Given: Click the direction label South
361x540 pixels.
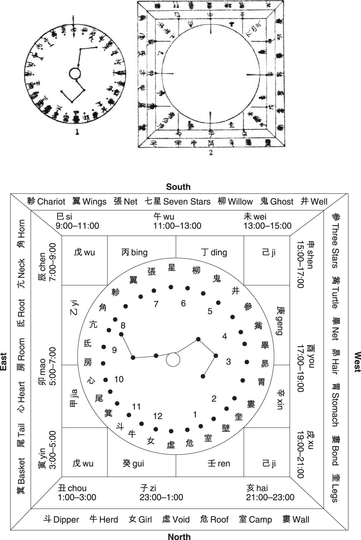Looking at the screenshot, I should (x=178, y=187).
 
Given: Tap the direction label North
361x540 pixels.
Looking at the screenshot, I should (x=179, y=536).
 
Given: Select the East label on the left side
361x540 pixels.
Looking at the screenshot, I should (x=4, y=362).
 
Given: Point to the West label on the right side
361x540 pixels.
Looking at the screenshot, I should (x=357, y=362).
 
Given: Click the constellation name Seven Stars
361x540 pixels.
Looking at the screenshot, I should (x=177, y=201).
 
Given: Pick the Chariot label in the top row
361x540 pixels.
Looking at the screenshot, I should (x=46, y=201).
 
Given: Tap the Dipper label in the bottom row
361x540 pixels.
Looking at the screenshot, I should (x=61, y=519).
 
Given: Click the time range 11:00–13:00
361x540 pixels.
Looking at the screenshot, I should (x=177, y=226).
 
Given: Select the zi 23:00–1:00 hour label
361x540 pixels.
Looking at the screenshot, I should (x=161, y=492).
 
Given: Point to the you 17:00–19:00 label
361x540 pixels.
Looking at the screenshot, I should (x=306, y=368).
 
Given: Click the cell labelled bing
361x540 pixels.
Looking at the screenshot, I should (x=135, y=252).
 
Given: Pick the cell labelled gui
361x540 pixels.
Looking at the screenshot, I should (x=133, y=463).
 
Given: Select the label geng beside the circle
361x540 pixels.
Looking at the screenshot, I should (x=280, y=321).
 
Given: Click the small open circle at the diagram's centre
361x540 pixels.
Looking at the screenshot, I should (x=173, y=359).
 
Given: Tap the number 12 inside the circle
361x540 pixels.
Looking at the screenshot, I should (x=158, y=416).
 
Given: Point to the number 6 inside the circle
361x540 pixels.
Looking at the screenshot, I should (x=183, y=303).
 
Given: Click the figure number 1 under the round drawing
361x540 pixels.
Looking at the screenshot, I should (x=77, y=132).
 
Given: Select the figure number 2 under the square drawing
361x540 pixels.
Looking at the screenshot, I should (x=211, y=153).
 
